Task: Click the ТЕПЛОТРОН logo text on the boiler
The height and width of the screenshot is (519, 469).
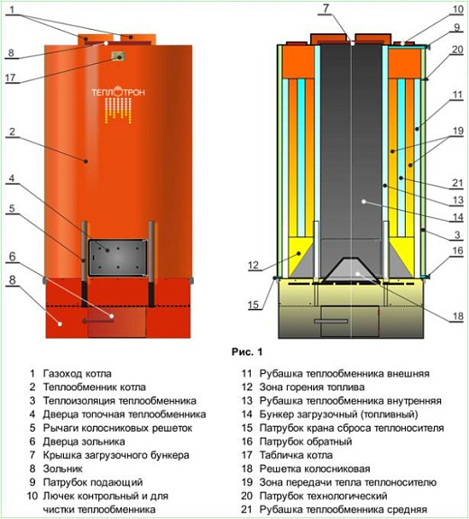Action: point(118,92)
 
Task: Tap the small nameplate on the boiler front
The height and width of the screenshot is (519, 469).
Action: point(118,57)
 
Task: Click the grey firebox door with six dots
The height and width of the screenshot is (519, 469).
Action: point(117,258)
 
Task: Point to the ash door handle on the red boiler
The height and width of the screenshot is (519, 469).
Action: point(97,321)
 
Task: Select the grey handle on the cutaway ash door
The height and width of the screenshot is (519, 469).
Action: point(331,321)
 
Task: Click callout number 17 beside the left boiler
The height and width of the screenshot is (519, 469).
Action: point(11,78)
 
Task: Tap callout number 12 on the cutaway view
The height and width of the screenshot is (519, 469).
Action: point(253,265)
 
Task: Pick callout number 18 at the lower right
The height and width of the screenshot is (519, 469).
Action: point(458,316)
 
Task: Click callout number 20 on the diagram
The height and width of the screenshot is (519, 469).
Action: point(457,50)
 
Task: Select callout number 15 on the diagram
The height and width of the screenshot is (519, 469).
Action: point(253,305)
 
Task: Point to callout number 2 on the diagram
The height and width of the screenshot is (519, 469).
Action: point(13,132)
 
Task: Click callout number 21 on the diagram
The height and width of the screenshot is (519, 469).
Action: point(457,183)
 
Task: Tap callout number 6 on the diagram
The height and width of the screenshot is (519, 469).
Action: point(13,257)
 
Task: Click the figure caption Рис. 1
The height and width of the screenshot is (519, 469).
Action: point(247,351)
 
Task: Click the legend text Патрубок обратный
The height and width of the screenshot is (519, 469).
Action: point(306,442)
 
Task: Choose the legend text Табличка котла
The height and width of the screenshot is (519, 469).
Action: point(296,455)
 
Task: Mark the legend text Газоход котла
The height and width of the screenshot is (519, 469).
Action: point(78,374)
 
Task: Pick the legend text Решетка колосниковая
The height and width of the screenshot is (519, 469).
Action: point(315,469)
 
